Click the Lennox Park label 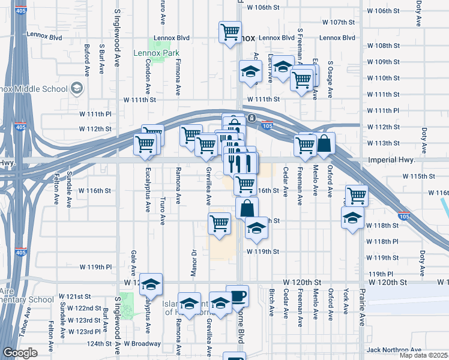point(164,53)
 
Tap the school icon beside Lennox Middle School point(76,89)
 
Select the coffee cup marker point(237,295)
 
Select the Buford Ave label point(88,59)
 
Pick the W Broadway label point(142,344)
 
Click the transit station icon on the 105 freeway point(253,118)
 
